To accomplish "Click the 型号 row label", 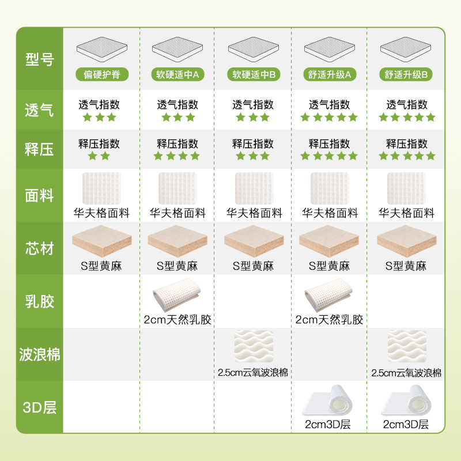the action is pyautogui.click(x=39, y=58).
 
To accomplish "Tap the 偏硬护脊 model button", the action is pyautogui.click(x=102, y=74).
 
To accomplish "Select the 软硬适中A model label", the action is pyautogui.click(x=177, y=74).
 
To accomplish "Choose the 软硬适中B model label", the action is pyautogui.click(x=254, y=74).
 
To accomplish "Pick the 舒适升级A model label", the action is pyautogui.click(x=330, y=74).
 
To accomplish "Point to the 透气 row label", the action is pyautogui.click(x=39, y=109).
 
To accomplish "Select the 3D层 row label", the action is pyautogui.click(x=39, y=407).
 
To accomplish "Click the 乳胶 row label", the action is pyautogui.click(x=39, y=301).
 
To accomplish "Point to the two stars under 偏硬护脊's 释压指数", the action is pyautogui.click(x=99, y=156).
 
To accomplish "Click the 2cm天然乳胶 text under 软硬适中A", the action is pyautogui.click(x=177, y=319).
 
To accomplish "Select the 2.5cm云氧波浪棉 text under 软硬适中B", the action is pyautogui.click(x=254, y=372).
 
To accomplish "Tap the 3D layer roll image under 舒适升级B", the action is pyautogui.click(x=406, y=403).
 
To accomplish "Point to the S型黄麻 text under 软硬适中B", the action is pyautogui.click(x=254, y=266).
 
